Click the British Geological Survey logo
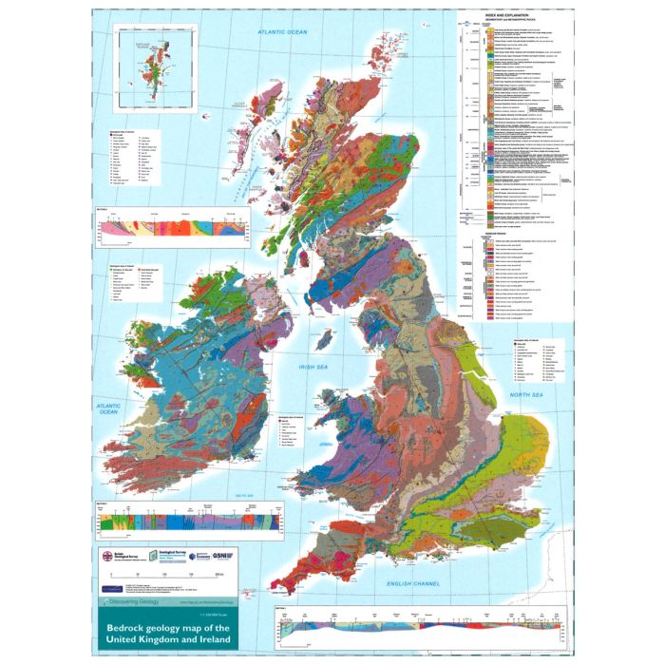(122, 557)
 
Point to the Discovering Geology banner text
(140, 602)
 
